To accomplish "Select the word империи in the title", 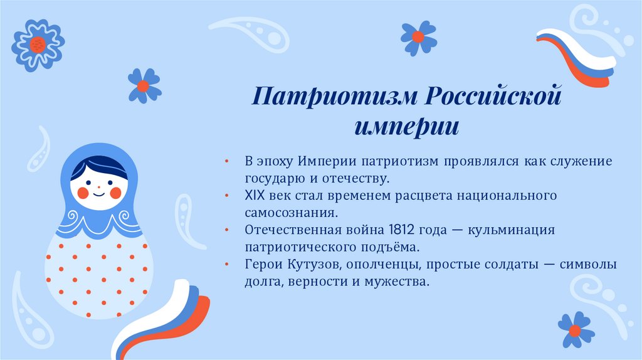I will click(406, 127).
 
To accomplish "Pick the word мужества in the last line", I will click(400, 282).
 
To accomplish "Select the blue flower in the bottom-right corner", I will click(576, 329).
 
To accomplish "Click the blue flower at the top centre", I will click(418, 36).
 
